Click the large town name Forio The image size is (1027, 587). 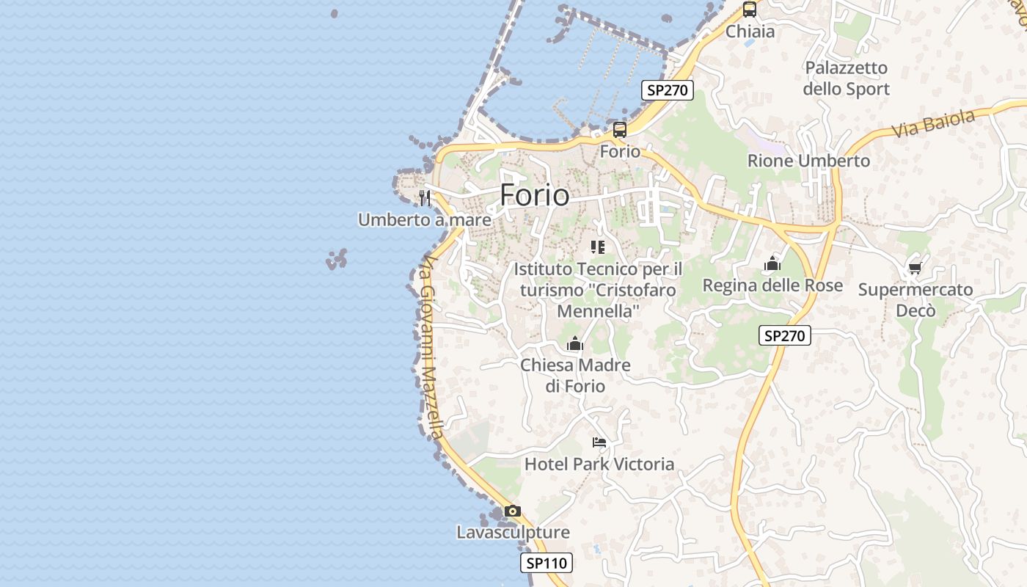[x=534, y=195]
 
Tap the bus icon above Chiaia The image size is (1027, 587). [x=749, y=10]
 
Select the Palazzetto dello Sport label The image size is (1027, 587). [x=846, y=79]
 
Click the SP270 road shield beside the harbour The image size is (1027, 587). [x=667, y=90]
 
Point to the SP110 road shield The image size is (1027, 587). [x=547, y=564]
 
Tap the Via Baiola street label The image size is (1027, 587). [x=933, y=123]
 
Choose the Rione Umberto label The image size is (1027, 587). [x=808, y=161]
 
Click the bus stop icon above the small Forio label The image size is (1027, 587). [x=620, y=131]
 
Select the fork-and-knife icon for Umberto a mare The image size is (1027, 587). [x=424, y=197]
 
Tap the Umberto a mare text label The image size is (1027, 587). [x=424, y=219]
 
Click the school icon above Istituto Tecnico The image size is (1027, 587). [x=598, y=247]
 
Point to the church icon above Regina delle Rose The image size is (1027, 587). [x=772, y=263]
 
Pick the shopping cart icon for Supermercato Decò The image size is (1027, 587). [x=915, y=269]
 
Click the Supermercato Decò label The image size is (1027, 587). [x=915, y=300]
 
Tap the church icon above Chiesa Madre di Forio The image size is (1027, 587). [x=574, y=343]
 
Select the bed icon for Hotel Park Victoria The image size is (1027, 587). [x=599, y=442]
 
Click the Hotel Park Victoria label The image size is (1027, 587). [x=599, y=464]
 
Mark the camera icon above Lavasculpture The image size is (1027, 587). [x=513, y=511]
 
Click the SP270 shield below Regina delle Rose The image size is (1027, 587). [x=784, y=336]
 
